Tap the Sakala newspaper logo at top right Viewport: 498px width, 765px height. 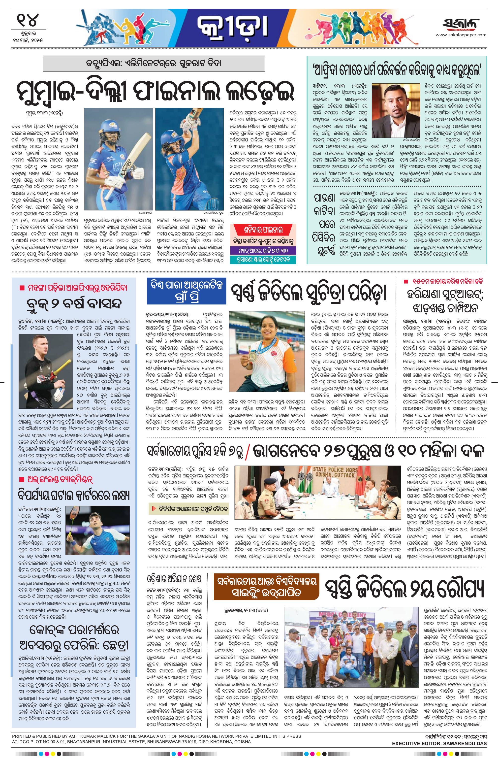click(460, 24)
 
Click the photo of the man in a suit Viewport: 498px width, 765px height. click(396, 110)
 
